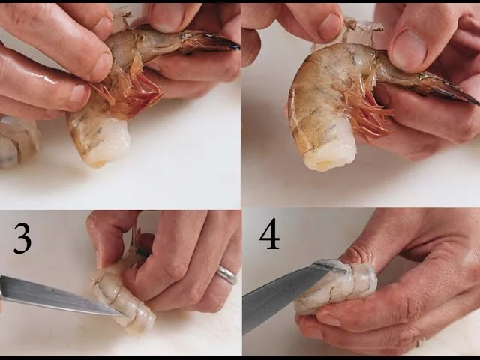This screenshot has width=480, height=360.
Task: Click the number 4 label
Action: pyautogui.click(x=270, y=234)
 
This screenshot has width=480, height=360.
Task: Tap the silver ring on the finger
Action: pyautogui.click(x=226, y=274)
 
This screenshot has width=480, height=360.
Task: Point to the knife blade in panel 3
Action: pyautogui.click(x=58, y=295)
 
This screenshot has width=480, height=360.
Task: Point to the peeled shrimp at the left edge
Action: pyautogui.click(x=16, y=142)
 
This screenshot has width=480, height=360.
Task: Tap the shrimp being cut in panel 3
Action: pyautogui.click(x=122, y=295)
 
